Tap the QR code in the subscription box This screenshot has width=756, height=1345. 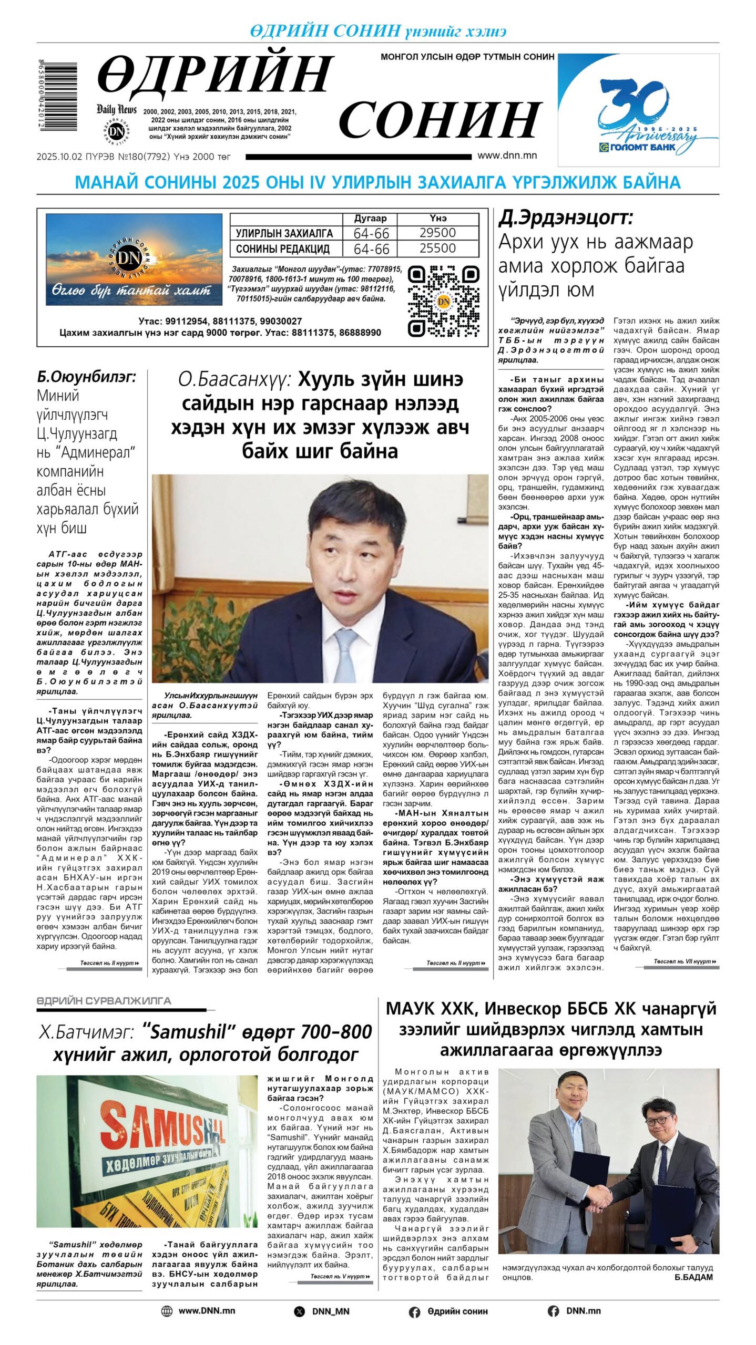tap(444, 301)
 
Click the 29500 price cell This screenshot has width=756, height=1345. tap(437, 233)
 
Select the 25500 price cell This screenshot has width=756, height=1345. tap(437, 249)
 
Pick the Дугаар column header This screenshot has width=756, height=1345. tap(370, 219)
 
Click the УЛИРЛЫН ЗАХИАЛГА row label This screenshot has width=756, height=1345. tap(284, 233)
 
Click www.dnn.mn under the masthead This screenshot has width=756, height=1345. tap(507, 156)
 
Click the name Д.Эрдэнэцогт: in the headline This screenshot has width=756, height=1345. tap(565, 218)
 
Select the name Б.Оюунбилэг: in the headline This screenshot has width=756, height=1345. tap(86, 377)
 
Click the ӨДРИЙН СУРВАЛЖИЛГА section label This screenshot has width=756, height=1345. tap(104, 1001)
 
